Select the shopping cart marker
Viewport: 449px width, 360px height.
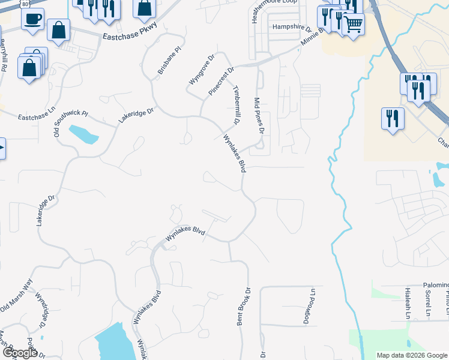tap(354, 25)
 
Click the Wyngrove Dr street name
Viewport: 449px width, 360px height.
tap(201, 70)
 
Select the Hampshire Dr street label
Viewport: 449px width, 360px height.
tap(292, 27)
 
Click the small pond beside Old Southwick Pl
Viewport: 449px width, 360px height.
tap(83, 134)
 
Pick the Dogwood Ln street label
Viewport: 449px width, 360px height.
tap(312, 305)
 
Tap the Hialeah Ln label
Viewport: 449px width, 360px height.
tap(407, 303)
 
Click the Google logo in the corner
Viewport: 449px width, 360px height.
tap(20, 353)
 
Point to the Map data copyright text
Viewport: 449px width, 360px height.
tap(411, 355)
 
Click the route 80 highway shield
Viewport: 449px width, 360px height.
tap(24, 3)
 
